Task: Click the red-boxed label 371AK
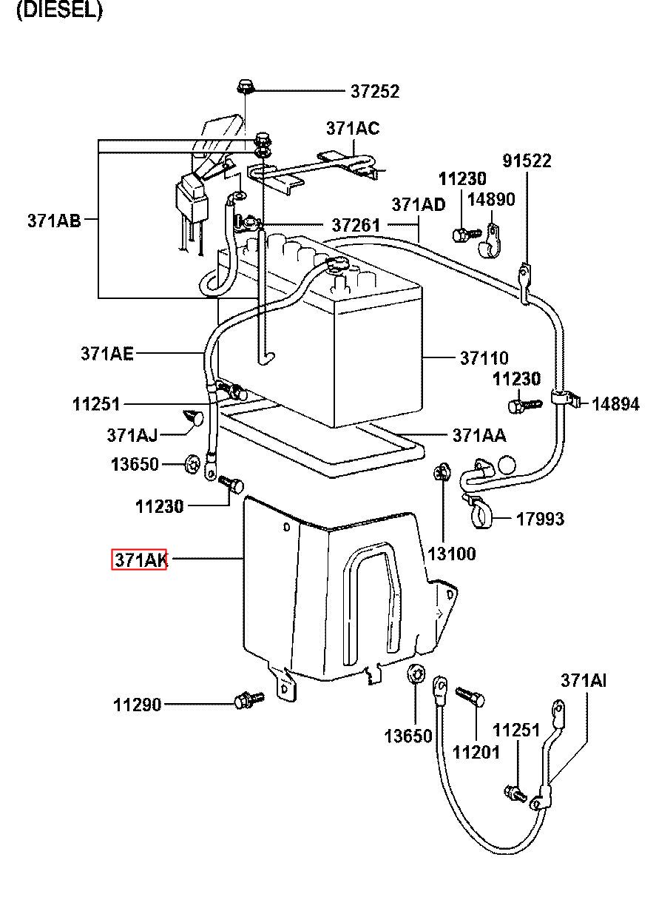point(139,559)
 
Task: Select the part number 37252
point(375,92)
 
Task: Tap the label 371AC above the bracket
point(353,129)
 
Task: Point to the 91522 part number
point(527,161)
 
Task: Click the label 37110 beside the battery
point(484,358)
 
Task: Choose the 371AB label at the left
point(54,221)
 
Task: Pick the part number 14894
point(615,404)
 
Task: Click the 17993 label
point(541,520)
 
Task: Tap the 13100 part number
point(452,554)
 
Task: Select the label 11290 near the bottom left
point(138,705)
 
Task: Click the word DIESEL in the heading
point(59,10)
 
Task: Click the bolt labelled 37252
point(244,87)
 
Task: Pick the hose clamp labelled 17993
point(479,513)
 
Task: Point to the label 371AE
point(106,354)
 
